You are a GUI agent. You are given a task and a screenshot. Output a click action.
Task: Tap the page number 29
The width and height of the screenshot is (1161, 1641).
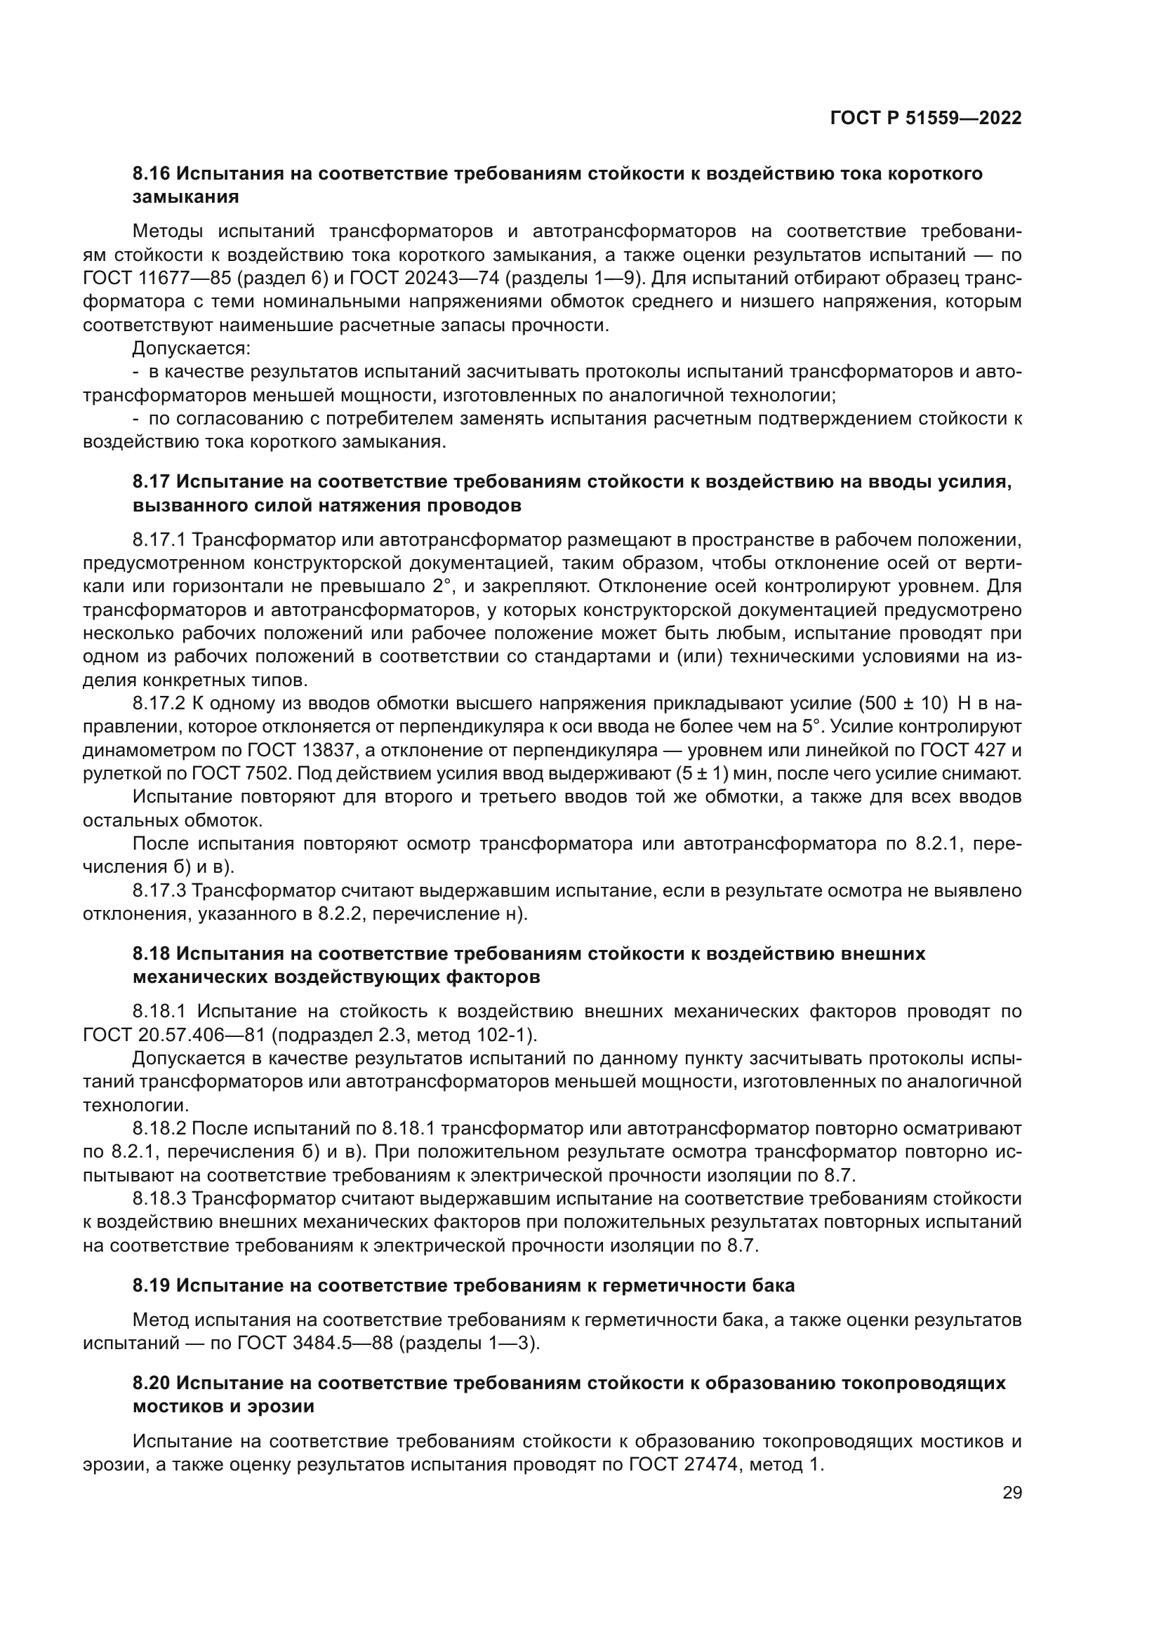click(1011, 1492)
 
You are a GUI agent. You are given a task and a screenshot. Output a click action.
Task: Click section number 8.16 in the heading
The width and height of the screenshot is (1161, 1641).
click(152, 174)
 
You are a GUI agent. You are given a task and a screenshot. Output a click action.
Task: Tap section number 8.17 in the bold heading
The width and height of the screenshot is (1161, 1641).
click(152, 483)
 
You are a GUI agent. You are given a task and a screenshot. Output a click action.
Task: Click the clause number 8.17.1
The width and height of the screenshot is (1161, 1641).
click(159, 539)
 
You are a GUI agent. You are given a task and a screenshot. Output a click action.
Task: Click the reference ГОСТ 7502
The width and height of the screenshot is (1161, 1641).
click(252, 774)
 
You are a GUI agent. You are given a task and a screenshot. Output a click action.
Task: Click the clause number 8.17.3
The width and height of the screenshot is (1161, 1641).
click(159, 890)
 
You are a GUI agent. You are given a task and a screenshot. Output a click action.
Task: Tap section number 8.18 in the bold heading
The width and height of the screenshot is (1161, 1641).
click(152, 953)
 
